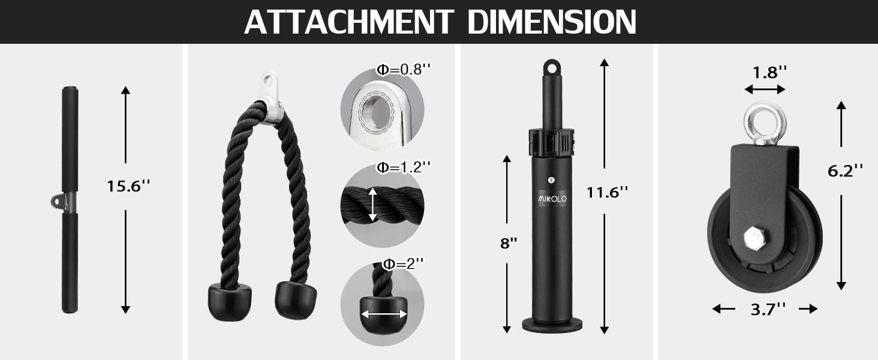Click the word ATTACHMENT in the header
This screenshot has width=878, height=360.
pos(349,22)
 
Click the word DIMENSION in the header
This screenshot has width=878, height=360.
pos(552,22)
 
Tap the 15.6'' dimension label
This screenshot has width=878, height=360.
pos(128,186)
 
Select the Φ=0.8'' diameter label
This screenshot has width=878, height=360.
pos(404,70)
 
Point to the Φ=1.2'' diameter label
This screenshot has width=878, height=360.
pos(404,167)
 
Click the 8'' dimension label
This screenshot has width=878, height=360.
pos(509,243)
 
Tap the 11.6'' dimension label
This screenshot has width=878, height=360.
pos(607,192)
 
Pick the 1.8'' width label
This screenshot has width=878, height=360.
pos(764,73)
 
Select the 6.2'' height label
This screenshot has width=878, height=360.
pos(845,171)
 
